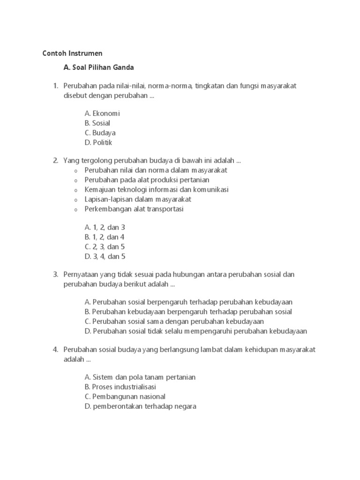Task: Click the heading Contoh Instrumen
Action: click(x=72, y=53)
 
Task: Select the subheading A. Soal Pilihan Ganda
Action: click(x=98, y=67)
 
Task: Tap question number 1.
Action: click(x=55, y=86)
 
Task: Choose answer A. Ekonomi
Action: click(x=102, y=113)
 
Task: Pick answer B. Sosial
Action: click(x=97, y=123)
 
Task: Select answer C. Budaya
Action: click(x=100, y=133)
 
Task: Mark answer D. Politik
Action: click(x=98, y=142)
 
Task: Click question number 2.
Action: click(x=55, y=161)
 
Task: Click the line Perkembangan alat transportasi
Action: click(x=134, y=209)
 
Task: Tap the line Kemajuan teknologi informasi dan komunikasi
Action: click(x=157, y=190)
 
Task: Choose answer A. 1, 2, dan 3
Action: click(x=105, y=227)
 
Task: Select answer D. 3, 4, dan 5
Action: click(x=105, y=256)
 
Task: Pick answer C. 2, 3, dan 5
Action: click(x=105, y=247)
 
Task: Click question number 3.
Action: click(x=55, y=274)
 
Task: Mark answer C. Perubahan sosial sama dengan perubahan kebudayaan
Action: click(x=174, y=322)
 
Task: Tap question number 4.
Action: click(x=55, y=350)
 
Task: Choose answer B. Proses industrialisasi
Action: click(x=120, y=387)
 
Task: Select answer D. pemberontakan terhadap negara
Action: click(x=141, y=406)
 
